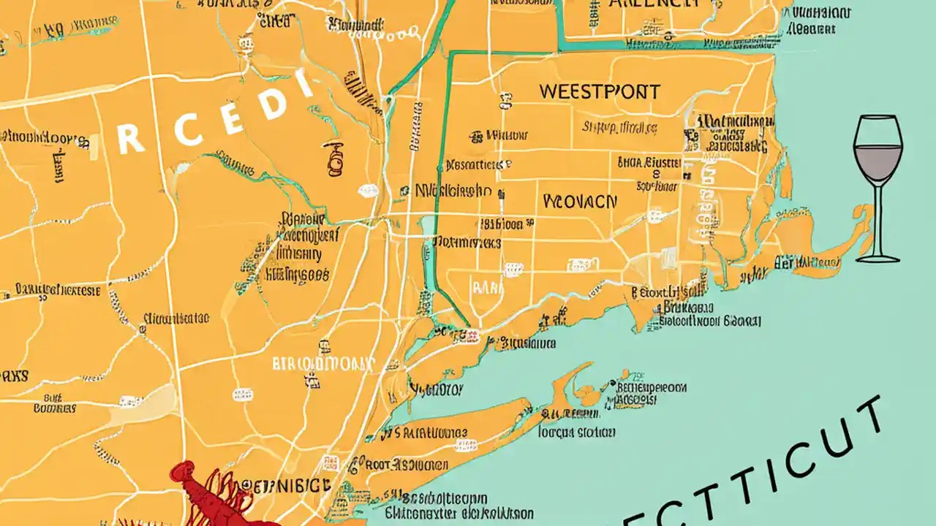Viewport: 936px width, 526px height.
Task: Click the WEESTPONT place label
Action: (599, 92)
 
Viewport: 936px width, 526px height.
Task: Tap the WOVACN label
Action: (580, 201)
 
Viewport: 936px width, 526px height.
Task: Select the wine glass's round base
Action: (877, 258)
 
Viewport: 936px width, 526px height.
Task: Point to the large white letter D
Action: (272, 104)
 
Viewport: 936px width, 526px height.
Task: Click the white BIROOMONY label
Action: (322, 363)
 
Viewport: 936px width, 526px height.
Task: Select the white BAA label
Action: (488, 287)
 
